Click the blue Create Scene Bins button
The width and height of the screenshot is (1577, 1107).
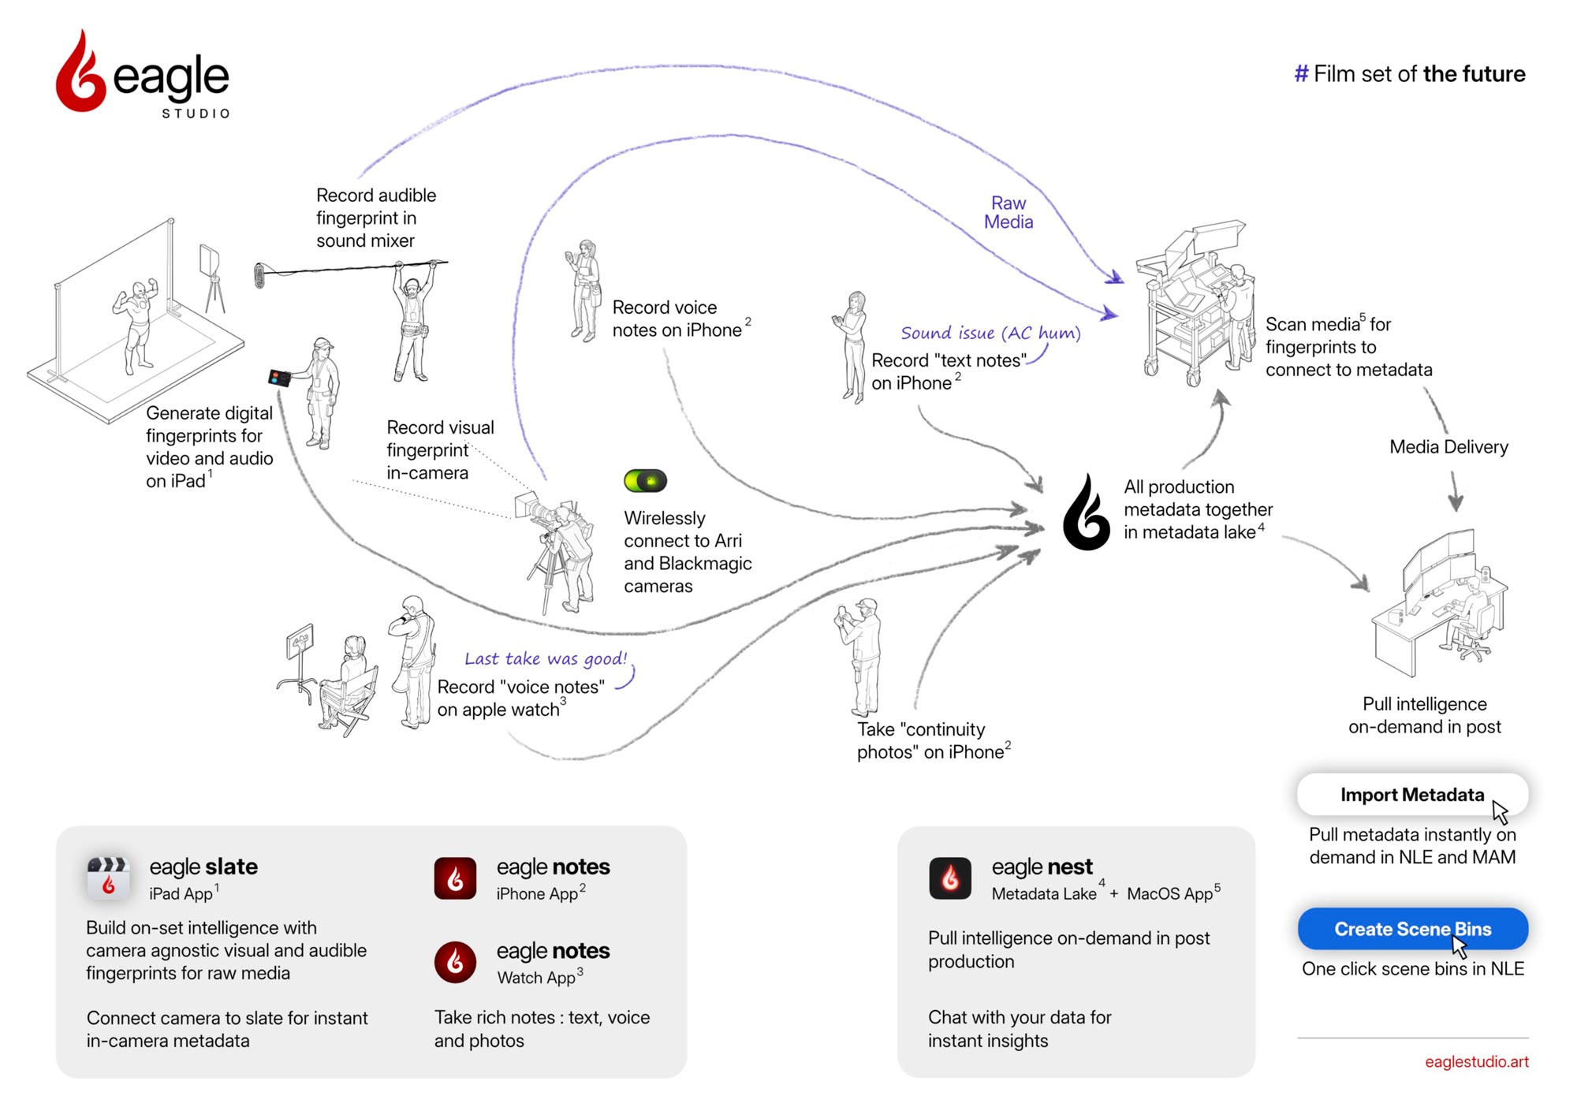pos(1412,929)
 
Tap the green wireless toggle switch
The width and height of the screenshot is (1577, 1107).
pos(645,480)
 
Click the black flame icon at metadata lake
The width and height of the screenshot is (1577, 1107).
pos(1087,513)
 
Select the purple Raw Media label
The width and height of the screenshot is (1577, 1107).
pos(1008,213)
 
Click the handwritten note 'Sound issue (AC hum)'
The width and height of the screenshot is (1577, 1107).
pos(990,333)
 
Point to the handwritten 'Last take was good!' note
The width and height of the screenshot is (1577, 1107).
pos(546,658)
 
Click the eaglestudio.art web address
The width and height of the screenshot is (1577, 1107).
pos(1476,1061)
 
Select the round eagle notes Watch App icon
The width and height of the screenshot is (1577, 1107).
pos(455,962)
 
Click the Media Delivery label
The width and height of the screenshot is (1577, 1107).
pos(1448,447)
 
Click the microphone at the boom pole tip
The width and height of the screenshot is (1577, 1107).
pos(259,276)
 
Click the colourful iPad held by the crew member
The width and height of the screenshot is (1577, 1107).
pos(279,378)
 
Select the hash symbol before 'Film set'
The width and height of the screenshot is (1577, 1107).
pos(1301,74)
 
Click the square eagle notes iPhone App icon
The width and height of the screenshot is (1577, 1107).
pos(455,878)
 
